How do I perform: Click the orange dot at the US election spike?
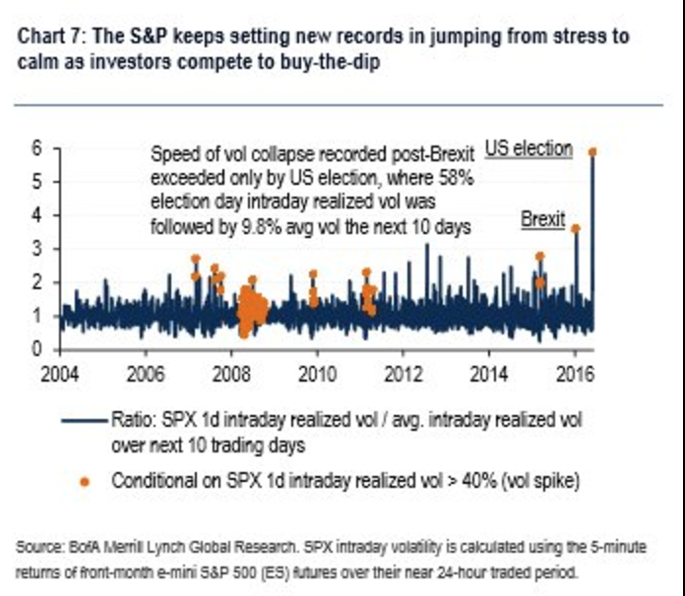pos(592,151)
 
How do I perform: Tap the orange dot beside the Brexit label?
pos(576,228)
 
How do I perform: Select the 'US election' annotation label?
pos(529,149)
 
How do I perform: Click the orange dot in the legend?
pos(85,481)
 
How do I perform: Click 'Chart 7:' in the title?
pos(52,36)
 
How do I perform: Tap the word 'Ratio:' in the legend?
pos(134,420)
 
